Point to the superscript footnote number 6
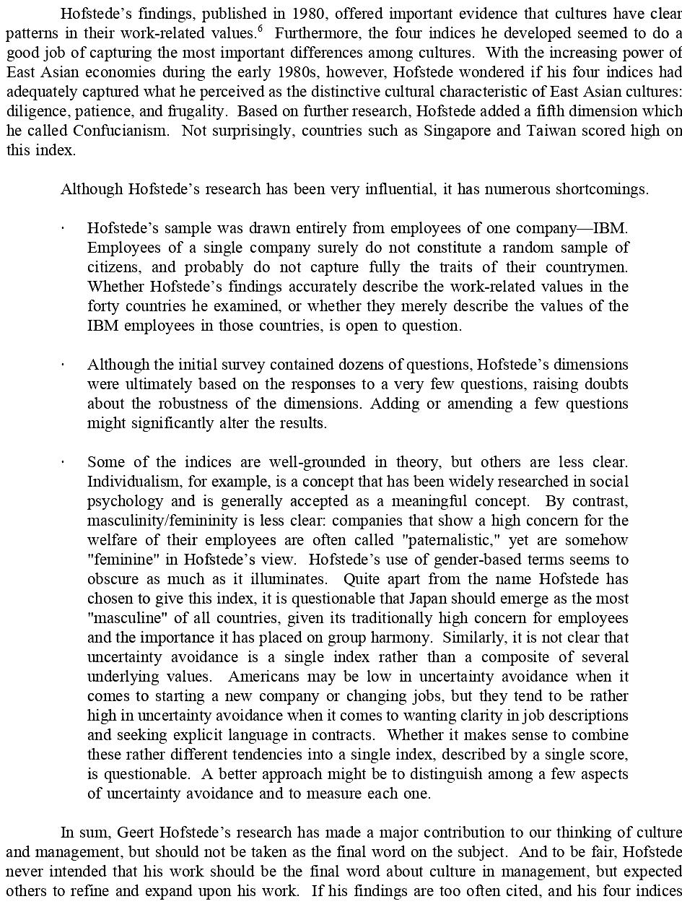point(260,29)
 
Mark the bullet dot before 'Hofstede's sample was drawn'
point(64,228)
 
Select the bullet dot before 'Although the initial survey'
point(64,365)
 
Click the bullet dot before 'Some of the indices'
point(64,462)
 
